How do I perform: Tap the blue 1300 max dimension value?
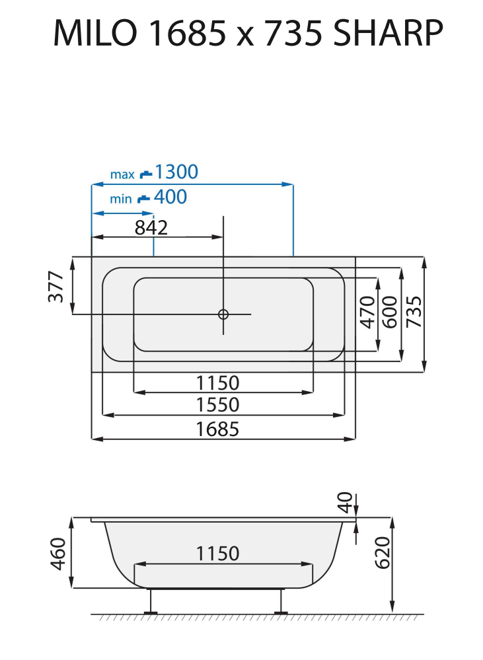[176, 172]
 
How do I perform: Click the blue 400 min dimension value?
[170, 197]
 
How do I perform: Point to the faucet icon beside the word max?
[145, 174]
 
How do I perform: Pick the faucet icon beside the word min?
[143, 198]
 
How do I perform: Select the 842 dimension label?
[151, 227]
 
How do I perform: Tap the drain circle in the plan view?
[224, 314]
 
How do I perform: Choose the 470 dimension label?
[367, 311]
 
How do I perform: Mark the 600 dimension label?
[390, 311]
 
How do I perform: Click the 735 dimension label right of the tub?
[414, 311]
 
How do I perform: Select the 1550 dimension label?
[217, 404]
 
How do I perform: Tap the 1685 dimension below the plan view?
[217, 429]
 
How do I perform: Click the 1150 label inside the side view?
[217, 554]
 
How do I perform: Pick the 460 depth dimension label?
[58, 554]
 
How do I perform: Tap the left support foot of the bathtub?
[151, 602]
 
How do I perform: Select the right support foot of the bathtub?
[281, 602]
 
